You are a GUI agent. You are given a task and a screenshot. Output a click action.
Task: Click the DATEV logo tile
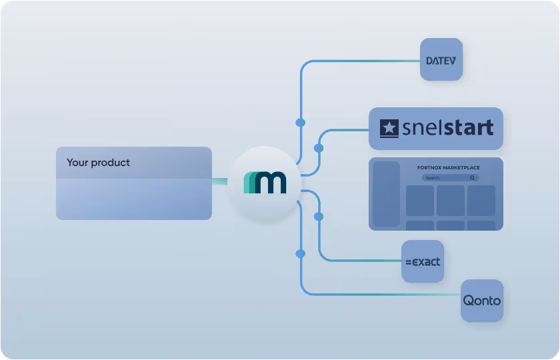coord(441,60)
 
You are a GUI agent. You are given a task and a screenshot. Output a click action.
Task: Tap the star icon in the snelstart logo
coord(389,128)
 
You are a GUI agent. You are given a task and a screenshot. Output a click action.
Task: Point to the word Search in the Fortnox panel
coord(433,178)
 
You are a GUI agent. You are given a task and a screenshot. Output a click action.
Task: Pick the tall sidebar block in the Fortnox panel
coord(386,193)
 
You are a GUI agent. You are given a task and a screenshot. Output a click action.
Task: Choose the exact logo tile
coord(423,261)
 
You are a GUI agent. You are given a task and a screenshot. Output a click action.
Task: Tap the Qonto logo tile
coord(482,301)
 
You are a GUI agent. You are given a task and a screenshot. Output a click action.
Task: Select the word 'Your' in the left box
coord(77,163)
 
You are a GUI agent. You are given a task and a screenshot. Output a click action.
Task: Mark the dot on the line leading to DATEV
coord(301,123)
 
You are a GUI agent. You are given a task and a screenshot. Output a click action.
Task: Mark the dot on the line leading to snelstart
coord(319,148)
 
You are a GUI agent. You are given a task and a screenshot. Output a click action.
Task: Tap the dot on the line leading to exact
coord(319,217)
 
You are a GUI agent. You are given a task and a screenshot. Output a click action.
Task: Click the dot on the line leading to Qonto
coord(301,253)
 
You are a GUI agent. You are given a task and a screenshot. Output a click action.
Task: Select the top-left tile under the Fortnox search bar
coord(420,200)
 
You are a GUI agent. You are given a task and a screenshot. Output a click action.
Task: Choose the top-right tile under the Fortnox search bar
coord(481,200)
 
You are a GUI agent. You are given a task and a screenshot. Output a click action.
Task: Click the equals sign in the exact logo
coord(409,262)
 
